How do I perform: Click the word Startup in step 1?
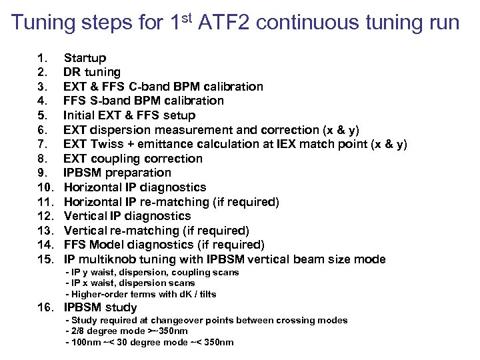[85, 58]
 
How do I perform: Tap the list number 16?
[46, 307]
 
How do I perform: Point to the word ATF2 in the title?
[218, 23]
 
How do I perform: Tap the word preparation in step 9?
[141, 173]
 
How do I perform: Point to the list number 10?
[46, 187]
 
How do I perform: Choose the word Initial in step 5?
[79, 115]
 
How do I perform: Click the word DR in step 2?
[71, 72]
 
